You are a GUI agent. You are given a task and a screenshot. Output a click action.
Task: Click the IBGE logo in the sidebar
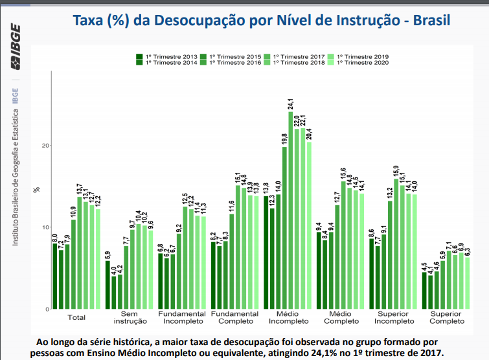coord(15,47)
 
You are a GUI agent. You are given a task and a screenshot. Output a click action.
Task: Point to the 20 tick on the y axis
coord(45,146)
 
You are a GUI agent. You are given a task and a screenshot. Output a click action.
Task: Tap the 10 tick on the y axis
coord(45,227)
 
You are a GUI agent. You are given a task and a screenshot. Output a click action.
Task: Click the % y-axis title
coord(38,190)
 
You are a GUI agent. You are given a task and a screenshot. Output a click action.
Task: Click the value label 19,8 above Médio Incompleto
coord(284,139)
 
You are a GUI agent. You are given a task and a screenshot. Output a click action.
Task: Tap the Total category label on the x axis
coord(76,317)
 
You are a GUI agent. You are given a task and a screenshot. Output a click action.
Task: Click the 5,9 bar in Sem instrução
coord(108,285)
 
